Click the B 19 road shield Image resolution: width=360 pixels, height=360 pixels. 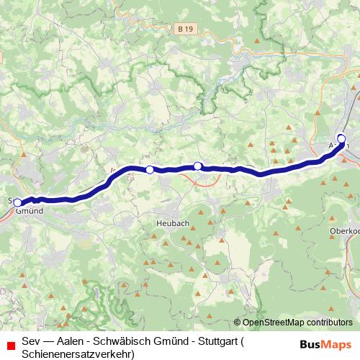(186, 28)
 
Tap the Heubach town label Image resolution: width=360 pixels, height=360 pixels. (172, 224)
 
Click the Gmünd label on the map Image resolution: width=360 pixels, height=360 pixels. (29, 212)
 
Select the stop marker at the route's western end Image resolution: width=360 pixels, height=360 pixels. (18, 203)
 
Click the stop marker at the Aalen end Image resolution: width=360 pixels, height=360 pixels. (341, 139)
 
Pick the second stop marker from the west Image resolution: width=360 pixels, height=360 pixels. (150, 170)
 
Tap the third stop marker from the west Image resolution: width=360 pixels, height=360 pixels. (198, 166)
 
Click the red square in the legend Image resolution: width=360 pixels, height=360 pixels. (10, 343)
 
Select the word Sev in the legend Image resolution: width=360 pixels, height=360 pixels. (31, 340)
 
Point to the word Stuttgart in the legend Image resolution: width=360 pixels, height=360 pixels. (212, 340)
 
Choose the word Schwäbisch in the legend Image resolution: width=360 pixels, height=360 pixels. (127, 340)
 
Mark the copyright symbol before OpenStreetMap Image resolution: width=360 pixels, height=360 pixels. (238, 323)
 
